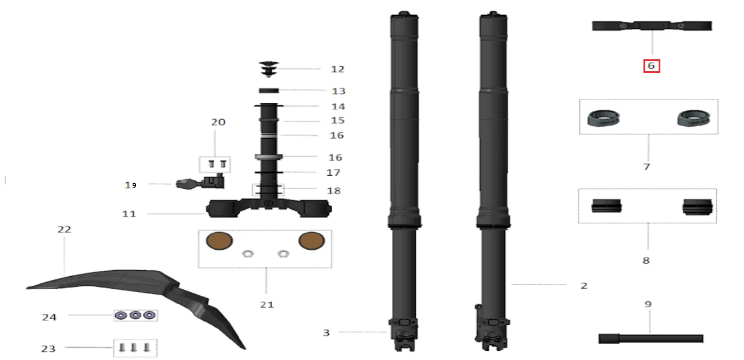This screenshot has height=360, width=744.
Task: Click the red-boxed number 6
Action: click(x=651, y=66)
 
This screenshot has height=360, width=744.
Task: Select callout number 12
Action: click(x=337, y=69)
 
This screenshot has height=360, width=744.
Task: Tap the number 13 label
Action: click(x=339, y=91)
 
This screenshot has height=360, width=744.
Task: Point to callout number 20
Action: click(x=218, y=122)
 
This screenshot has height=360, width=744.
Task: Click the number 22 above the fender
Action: click(x=64, y=229)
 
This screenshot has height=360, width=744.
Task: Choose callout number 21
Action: click(x=267, y=305)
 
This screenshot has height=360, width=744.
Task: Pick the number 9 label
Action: click(x=648, y=304)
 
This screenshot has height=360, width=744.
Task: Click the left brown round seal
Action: click(x=219, y=241)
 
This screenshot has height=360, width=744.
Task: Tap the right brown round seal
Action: click(x=311, y=241)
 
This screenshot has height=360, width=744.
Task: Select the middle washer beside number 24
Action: click(x=135, y=315)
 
